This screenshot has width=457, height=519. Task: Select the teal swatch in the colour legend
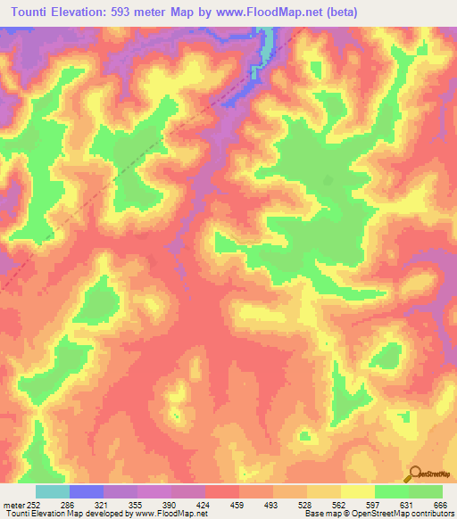(52, 491)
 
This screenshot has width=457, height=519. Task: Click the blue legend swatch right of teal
(86, 491)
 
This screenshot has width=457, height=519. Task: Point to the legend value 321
(102, 504)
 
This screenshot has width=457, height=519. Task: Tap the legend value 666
(438, 504)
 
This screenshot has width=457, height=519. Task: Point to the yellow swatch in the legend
(357, 491)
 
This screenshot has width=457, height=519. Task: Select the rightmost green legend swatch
(426, 491)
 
